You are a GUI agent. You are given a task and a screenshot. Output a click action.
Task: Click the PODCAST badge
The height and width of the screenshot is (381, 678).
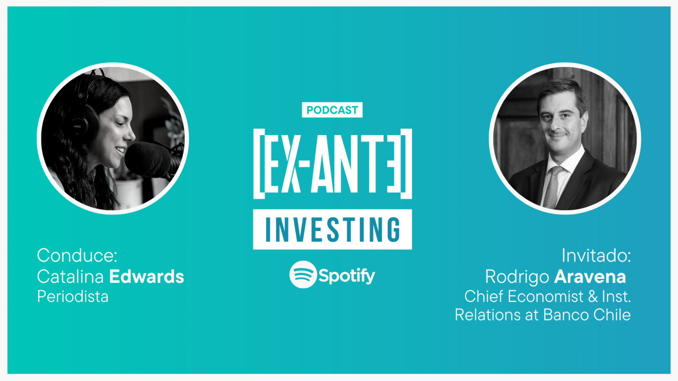coord(332,110)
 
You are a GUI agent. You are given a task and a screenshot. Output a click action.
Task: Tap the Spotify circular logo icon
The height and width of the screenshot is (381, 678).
coord(303,274)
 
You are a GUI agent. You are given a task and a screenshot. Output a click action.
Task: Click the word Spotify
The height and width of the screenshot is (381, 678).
coord(347,276)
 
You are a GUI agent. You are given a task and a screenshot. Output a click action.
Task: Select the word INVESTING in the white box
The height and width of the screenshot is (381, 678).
coord(333,230)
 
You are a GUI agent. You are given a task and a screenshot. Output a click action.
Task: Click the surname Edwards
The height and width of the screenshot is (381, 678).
coord(147,277)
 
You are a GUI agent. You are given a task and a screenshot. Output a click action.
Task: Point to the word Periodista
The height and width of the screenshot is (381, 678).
coord(73,297)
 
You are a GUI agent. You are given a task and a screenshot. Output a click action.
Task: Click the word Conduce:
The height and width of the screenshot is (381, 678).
coord(77,255)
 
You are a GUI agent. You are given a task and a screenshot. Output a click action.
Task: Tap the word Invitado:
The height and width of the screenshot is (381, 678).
coord(596,255)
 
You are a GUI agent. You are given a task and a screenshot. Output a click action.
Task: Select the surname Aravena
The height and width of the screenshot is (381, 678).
coord(590,277)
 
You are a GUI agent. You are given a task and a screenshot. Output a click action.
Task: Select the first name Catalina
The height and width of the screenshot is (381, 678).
coord(70,277)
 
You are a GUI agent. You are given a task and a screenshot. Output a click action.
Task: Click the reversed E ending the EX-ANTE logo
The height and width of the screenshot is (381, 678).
coord(394,164)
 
